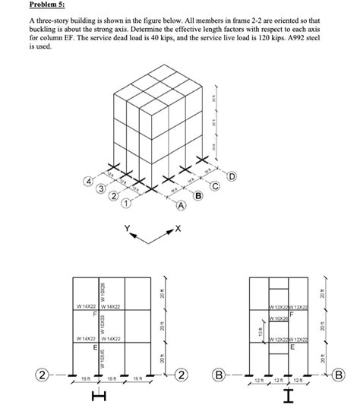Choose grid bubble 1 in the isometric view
click(127, 204)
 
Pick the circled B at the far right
click(349, 375)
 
